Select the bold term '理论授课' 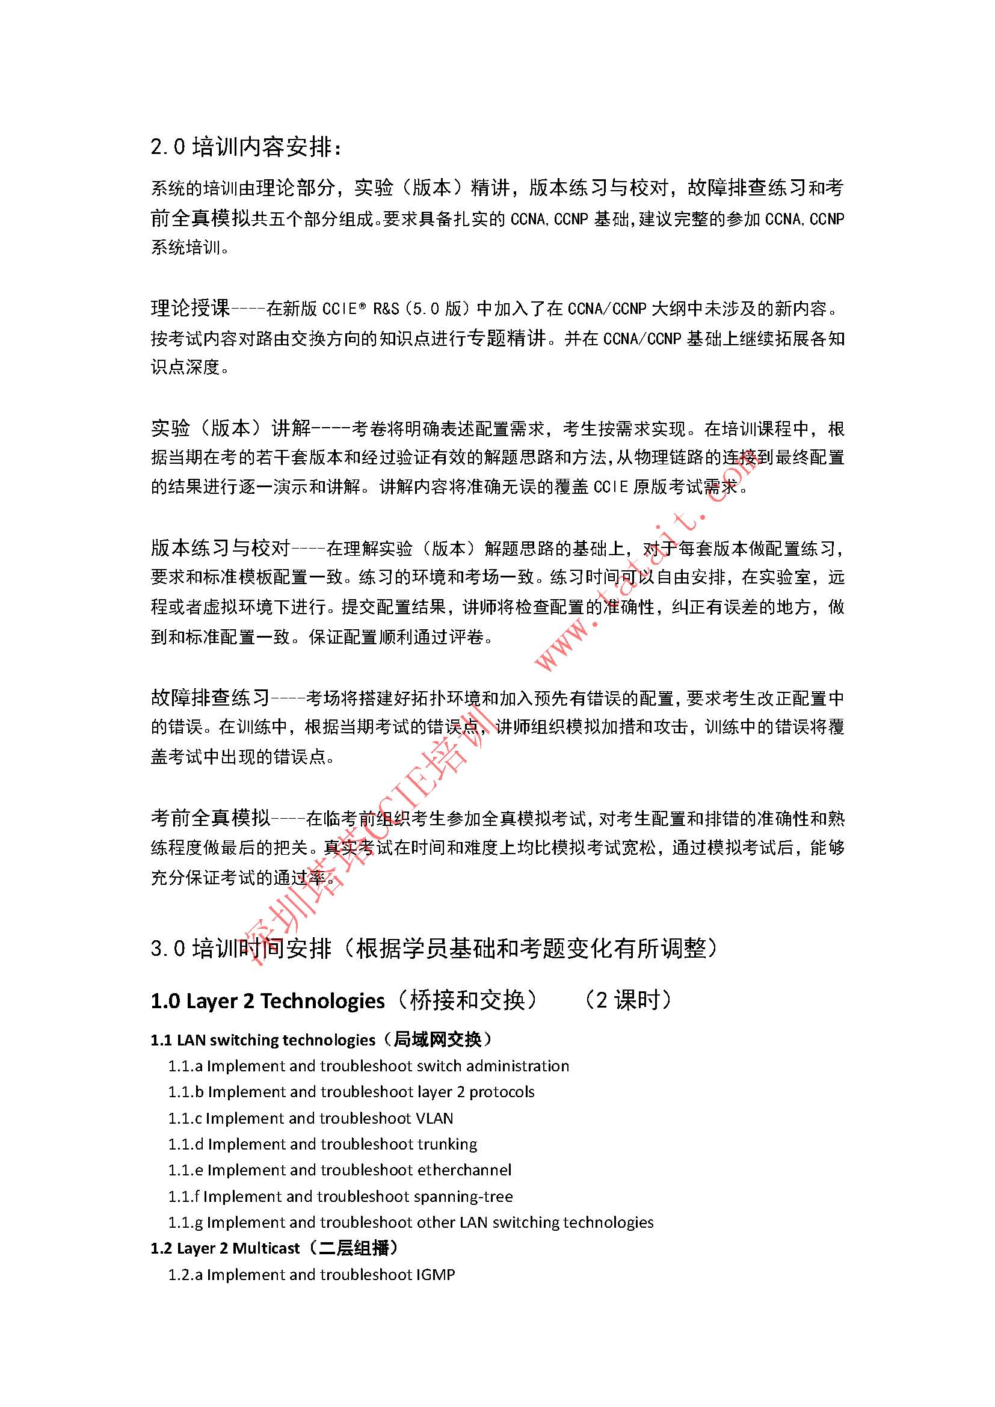pyautogui.click(x=191, y=307)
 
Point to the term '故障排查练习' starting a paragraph pyautogui.click(x=210, y=697)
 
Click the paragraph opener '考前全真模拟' pyautogui.click(x=210, y=817)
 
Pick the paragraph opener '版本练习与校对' pyautogui.click(x=220, y=547)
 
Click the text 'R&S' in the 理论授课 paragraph pyautogui.click(x=386, y=308)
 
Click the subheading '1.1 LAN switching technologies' pyautogui.click(x=263, y=1040)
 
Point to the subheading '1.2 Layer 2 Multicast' pyautogui.click(x=226, y=1248)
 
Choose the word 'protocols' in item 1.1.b pyautogui.click(x=502, y=1092)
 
